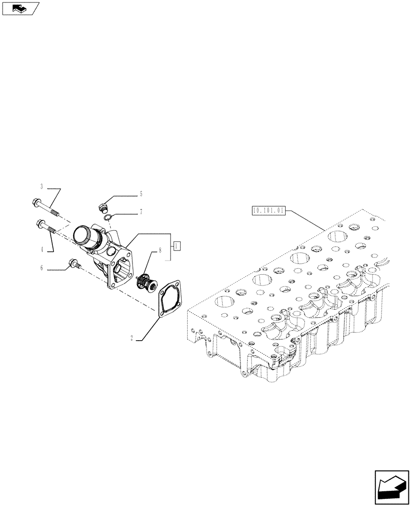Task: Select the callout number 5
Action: tap(141, 194)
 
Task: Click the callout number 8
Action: tap(160, 250)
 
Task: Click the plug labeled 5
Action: tap(102, 207)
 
